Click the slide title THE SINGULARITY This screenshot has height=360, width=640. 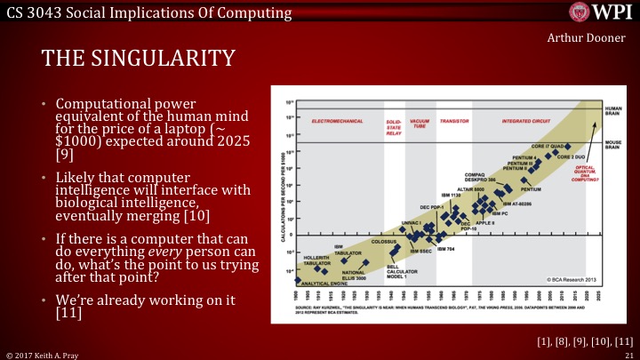(139, 59)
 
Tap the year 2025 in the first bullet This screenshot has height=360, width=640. (237, 143)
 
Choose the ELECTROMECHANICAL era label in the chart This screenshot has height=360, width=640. (339, 119)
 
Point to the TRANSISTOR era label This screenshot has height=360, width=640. (453, 119)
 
